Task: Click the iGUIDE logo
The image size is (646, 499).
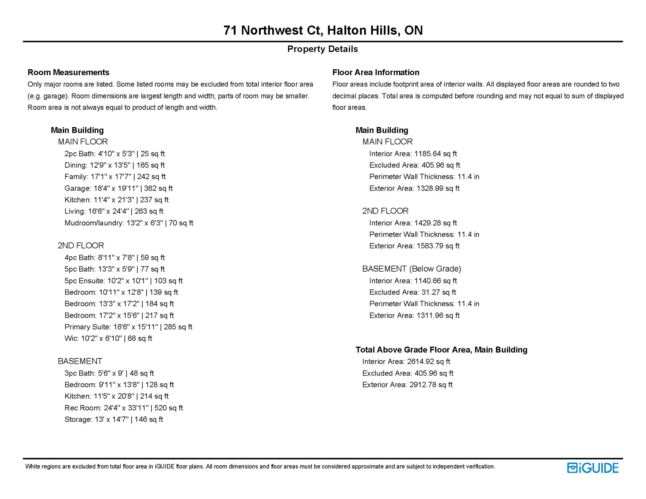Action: pos(592,468)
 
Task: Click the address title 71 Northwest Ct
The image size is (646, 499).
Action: pos(323,30)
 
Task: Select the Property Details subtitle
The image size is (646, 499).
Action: pos(322,49)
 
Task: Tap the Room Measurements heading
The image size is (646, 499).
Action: pos(68,72)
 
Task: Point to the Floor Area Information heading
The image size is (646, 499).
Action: pos(376,72)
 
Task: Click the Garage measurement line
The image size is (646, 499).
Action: pos(118,188)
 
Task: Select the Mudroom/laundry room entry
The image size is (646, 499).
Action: pos(129,223)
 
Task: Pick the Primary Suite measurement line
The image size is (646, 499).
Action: pos(128,327)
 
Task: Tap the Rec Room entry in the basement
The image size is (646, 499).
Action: pos(123,408)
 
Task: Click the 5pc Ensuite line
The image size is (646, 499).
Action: pos(123,281)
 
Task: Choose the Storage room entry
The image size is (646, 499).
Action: pos(114,420)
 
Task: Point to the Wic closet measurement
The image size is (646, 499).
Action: pos(108,339)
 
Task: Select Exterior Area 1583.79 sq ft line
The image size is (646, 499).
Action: pos(414,246)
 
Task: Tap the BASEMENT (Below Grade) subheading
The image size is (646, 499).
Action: pos(412,269)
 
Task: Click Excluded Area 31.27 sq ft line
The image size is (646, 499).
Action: pos(413,292)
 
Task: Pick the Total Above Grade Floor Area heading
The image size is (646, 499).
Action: pos(441,350)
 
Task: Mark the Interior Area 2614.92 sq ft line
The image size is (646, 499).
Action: pos(406,362)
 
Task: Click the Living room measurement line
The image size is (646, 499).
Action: pos(114,211)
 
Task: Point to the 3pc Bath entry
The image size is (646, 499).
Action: pos(109,373)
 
